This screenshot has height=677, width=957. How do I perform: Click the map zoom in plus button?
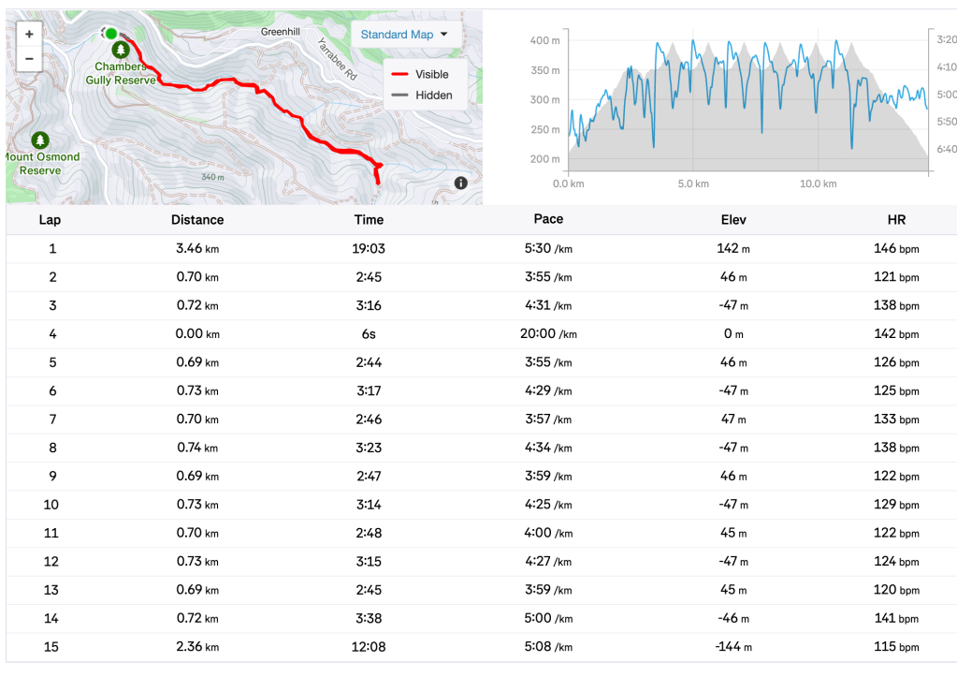29,34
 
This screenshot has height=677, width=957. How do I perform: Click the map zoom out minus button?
29,58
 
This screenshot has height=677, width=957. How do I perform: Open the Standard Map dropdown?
404,35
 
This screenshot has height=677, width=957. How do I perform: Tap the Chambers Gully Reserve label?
121,73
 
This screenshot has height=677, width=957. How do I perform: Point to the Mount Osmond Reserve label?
40,163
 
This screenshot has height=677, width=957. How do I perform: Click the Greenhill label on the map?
280,32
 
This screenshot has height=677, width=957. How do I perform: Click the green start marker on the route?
110,34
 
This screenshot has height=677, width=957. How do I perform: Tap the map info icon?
461,184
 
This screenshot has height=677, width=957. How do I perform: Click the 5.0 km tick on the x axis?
692,184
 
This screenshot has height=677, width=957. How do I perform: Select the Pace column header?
548,219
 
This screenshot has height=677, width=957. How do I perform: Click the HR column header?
896,220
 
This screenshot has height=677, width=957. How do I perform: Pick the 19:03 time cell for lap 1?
369,249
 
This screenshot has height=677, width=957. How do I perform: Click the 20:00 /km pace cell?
548,334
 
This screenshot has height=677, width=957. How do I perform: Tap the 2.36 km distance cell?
197,646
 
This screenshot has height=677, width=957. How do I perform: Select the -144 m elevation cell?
732,646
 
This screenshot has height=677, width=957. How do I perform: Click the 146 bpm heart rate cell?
896,249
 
